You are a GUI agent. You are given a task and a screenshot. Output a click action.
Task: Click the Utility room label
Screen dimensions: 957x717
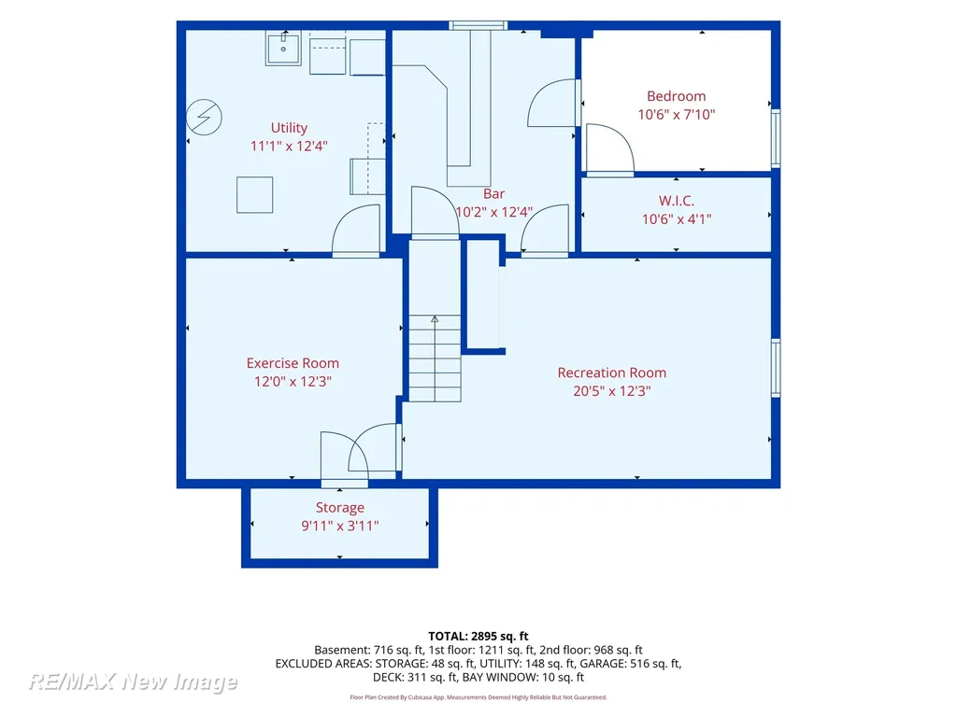click(289, 128)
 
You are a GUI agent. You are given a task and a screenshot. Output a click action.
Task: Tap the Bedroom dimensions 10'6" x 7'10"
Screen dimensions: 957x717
click(677, 115)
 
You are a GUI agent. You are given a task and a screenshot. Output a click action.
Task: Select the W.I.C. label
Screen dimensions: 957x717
click(677, 201)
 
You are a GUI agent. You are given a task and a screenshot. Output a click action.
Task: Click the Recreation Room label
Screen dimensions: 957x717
click(611, 373)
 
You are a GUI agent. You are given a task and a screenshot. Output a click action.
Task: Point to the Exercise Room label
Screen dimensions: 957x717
click(293, 363)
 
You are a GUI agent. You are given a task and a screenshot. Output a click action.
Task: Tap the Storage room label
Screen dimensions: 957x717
click(340, 508)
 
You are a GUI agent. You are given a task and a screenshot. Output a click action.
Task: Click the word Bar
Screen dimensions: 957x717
click(493, 194)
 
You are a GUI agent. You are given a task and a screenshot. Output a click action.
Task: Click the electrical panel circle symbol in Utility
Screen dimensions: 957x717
click(204, 117)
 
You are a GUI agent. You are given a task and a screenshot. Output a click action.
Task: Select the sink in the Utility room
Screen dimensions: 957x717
click(283, 49)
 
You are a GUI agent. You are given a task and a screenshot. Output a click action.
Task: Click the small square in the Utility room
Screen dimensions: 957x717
click(254, 194)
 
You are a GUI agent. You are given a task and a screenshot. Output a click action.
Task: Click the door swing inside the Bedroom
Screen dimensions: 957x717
click(610, 148)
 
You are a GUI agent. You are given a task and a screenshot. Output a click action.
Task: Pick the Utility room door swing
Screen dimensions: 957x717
click(356, 230)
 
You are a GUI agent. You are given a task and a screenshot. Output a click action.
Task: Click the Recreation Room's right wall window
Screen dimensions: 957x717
click(776, 368)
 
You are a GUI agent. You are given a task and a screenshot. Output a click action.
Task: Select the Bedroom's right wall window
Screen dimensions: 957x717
click(776, 138)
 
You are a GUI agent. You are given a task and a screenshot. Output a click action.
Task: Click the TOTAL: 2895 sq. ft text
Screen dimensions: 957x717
click(478, 637)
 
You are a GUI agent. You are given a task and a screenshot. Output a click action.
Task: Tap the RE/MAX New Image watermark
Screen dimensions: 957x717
click(133, 681)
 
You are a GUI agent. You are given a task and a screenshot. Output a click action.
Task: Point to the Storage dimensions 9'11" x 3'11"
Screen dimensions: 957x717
click(340, 527)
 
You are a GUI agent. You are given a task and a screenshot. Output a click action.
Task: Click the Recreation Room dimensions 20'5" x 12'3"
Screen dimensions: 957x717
click(611, 391)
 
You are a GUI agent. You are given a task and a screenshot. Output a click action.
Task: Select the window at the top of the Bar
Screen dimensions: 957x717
click(478, 25)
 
